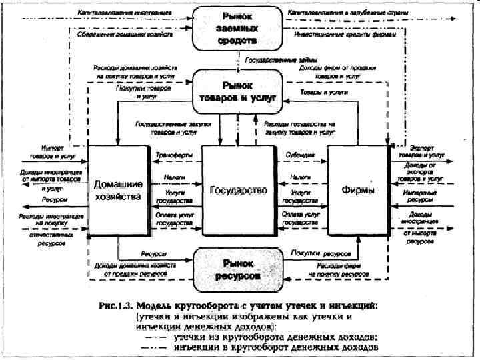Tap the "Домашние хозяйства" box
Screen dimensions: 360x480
[x=118, y=190]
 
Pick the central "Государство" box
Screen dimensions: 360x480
[x=238, y=190]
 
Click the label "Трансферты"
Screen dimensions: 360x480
[x=174, y=155]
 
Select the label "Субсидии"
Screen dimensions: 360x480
[x=301, y=155]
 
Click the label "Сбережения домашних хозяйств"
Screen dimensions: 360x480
[x=125, y=35]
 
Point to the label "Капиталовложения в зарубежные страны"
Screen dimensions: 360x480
[x=343, y=13]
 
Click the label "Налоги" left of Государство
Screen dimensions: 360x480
[x=174, y=178]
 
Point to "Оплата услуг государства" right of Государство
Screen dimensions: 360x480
[x=301, y=219]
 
